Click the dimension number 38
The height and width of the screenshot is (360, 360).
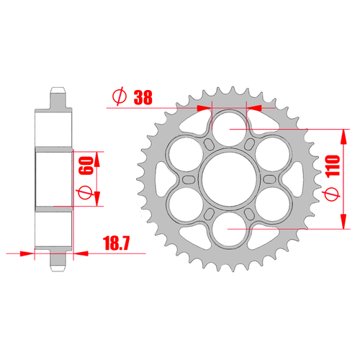(144, 96)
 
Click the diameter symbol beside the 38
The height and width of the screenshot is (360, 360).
(120, 96)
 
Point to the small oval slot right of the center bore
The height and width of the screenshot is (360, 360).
(269, 178)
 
